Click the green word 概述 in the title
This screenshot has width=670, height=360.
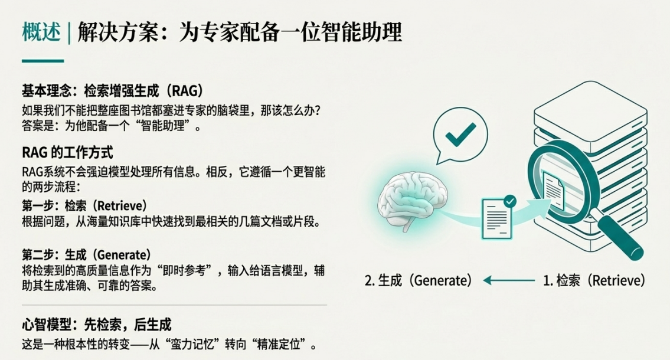[41, 32]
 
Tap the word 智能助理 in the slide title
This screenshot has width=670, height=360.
[362, 32]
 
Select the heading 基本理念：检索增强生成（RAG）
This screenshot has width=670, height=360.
[113, 90]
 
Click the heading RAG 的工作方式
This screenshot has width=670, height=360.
[67, 152]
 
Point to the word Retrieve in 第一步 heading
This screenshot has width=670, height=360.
[122, 206]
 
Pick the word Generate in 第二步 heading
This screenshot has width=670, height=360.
[123, 255]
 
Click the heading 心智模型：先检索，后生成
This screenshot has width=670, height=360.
[97, 325]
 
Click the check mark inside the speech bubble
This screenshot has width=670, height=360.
[460, 135]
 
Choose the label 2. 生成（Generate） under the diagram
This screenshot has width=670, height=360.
[419, 280]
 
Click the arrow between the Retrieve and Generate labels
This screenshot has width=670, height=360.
[508, 280]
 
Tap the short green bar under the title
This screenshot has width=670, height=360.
[43, 61]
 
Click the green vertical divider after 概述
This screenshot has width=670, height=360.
[69, 33]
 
